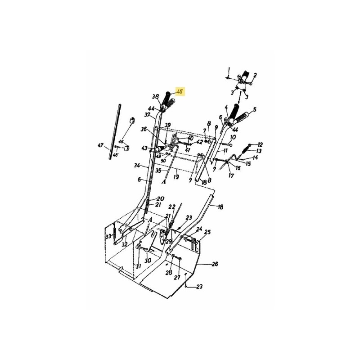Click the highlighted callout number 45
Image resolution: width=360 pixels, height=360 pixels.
pos(180,91)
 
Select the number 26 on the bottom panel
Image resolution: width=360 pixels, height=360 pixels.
pos(215,264)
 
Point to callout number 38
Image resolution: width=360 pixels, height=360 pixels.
pos(156,96)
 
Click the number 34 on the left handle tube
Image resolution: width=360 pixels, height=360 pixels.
pos(137,165)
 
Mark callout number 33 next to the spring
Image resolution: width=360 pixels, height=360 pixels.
pos(108,236)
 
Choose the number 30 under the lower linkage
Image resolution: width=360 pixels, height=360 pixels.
pos(148,261)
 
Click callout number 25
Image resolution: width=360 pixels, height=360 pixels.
pos(207,232)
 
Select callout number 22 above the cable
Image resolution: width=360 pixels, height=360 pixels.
pos(171,207)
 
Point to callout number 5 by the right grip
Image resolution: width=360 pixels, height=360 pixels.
pos(254,109)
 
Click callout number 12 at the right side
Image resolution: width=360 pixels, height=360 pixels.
pos(260,144)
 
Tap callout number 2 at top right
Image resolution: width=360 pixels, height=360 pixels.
pos(255,75)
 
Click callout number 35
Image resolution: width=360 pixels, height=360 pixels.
pos(158,171)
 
